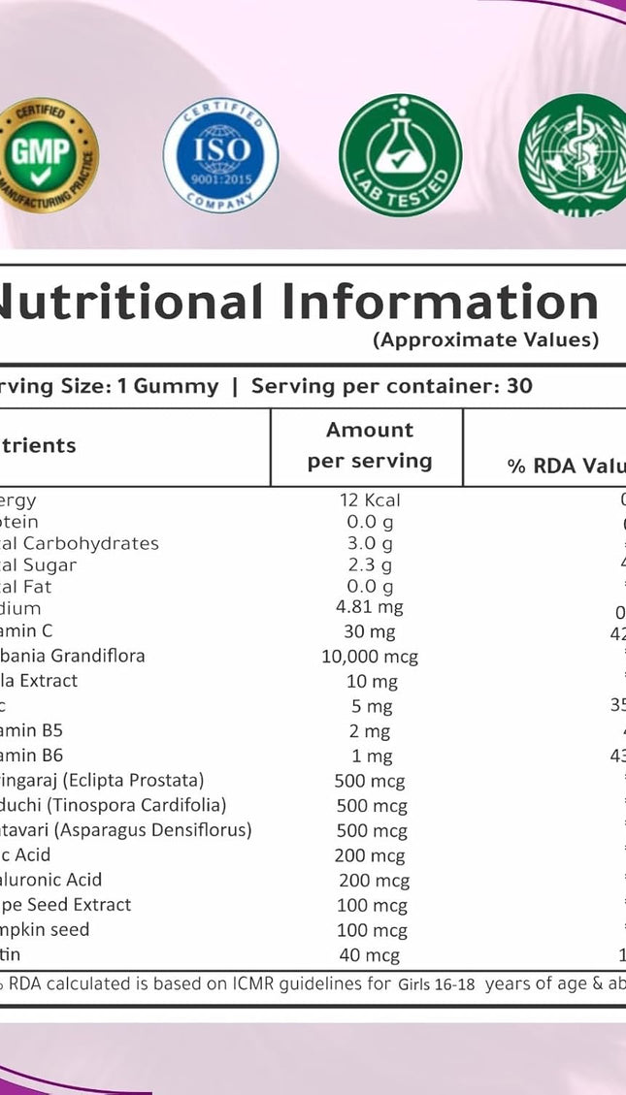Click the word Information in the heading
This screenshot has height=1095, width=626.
[x=442, y=302]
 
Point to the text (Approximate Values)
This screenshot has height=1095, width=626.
[x=485, y=339]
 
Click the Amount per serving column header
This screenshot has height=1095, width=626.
[x=370, y=445]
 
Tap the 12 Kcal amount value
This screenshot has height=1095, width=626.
[x=370, y=500]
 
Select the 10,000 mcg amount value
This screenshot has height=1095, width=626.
[x=370, y=657]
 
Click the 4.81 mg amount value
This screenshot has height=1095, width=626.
[x=370, y=608]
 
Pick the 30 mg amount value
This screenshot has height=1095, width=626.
[x=370, y=632]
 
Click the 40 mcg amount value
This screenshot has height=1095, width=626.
[x=370, y=955]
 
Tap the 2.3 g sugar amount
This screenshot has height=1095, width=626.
[x=370, y=564]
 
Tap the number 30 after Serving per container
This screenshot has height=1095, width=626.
[x=519, y=386]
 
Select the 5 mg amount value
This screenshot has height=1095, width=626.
[x=370, y=706]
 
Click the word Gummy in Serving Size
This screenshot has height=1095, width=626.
[x=176, y=386]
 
